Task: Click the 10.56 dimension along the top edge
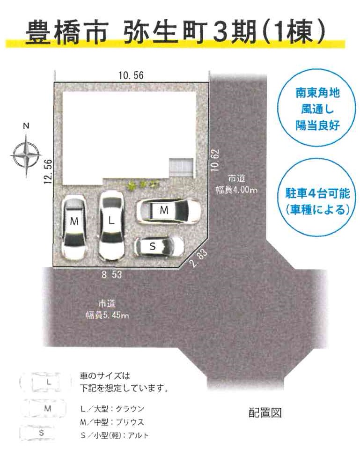click(131, 75)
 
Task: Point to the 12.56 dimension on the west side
click(48, 171)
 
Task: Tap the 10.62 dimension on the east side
click(215, 160)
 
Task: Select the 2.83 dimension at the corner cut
click(198, 258)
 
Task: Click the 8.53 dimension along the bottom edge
click(112, 275)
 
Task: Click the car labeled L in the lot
click(112, 225)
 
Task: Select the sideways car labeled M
click(169, 211)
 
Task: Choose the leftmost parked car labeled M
click(74, 227)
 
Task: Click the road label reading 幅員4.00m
click(236, 190)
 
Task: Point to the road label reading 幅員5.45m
click(107, 315)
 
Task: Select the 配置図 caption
click(265, 412)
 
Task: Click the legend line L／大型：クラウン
click(112, 409)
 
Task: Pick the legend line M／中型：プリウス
click(112, 422)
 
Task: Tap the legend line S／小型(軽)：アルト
click(115, 435)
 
